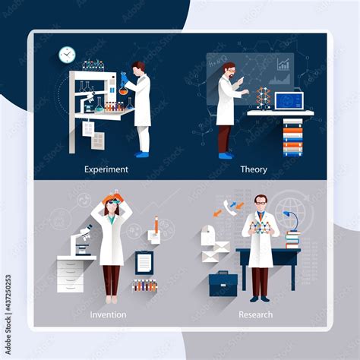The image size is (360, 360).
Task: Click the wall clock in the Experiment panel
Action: pyautogui.click(x=67, y=54)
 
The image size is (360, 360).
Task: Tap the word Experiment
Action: pyautogui.click(x=106, y=169)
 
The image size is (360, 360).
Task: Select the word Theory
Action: pyautogui.click(x=253, y=169)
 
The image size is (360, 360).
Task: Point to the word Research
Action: pyautogui.click(x=255, y=314)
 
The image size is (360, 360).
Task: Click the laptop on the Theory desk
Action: pyautogui.click(x=289, y=101)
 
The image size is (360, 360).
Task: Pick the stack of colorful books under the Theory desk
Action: pyautogui.click(x=292, y=139)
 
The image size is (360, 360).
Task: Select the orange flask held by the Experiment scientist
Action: pyautogui.click(x=122, y=87)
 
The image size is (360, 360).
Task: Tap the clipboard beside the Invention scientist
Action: pyautogui.click(x=144, y=263)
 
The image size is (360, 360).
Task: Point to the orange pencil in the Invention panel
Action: pyautogui.click(x=156, y=226)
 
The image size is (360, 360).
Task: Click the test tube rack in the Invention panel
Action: pyautogui.click(x=144, y=286)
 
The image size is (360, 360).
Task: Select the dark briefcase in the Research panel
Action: pyautogui.click(x=223, y=284)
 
